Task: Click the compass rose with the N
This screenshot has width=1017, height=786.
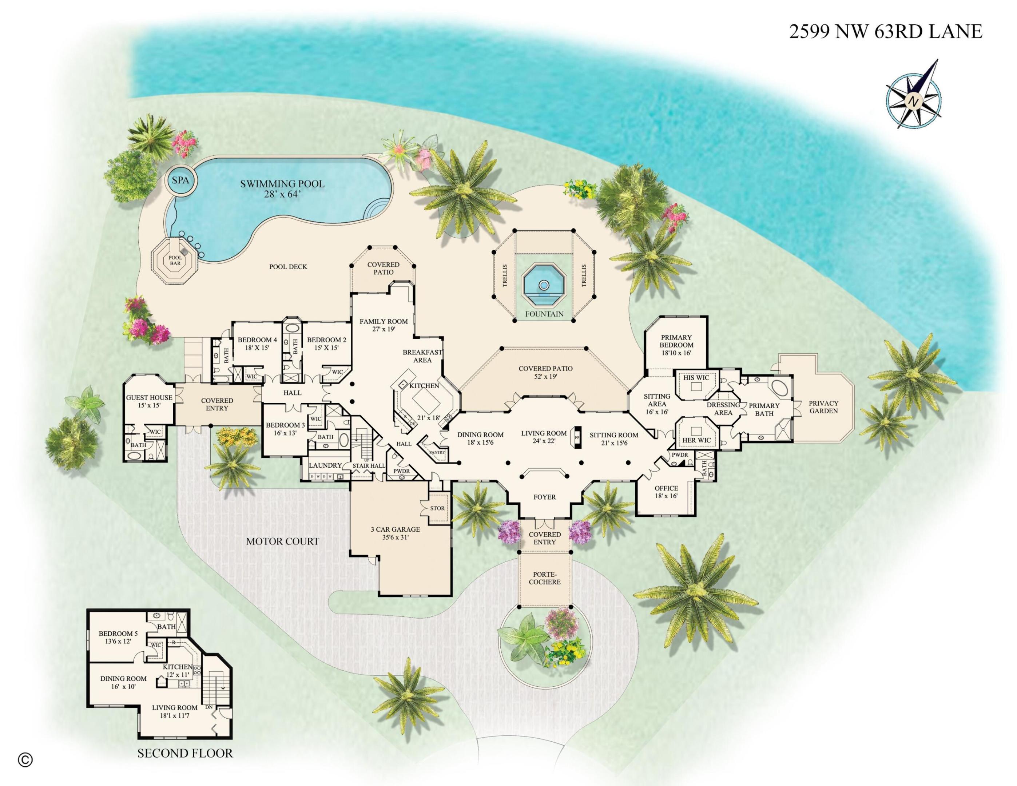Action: pos(914,100)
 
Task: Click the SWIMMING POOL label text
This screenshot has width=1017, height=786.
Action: pos(282,184)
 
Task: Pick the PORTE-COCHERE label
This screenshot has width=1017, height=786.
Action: pos(544,578)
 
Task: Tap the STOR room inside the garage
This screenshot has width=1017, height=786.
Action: pos(437,508)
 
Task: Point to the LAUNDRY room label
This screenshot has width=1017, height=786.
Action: pos(325,465)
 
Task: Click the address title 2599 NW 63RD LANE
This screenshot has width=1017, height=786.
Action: pos(886,32)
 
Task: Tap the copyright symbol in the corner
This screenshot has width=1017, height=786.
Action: pos(25,760)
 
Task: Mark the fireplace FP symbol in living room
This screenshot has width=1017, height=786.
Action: pos(577,438)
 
